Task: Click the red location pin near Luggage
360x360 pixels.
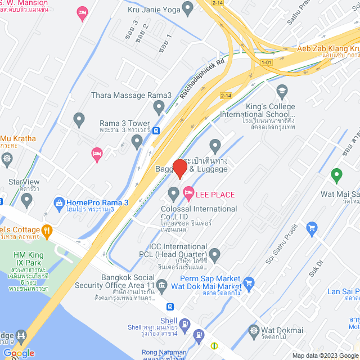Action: pos(179,168)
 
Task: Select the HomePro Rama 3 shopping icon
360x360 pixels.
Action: pos(58,202)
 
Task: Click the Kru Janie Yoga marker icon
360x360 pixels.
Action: pos(187,8)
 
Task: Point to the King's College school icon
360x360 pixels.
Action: pos(282,90)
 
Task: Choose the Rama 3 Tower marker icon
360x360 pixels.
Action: pos(137,142)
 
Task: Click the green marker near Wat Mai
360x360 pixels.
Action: pos(336,176)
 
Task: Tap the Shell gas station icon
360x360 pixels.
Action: pos(198,336)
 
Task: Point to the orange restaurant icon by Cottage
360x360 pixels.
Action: pos(48,229)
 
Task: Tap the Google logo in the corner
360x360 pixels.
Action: pos(18,353)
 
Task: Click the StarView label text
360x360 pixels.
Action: pos(24,182)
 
